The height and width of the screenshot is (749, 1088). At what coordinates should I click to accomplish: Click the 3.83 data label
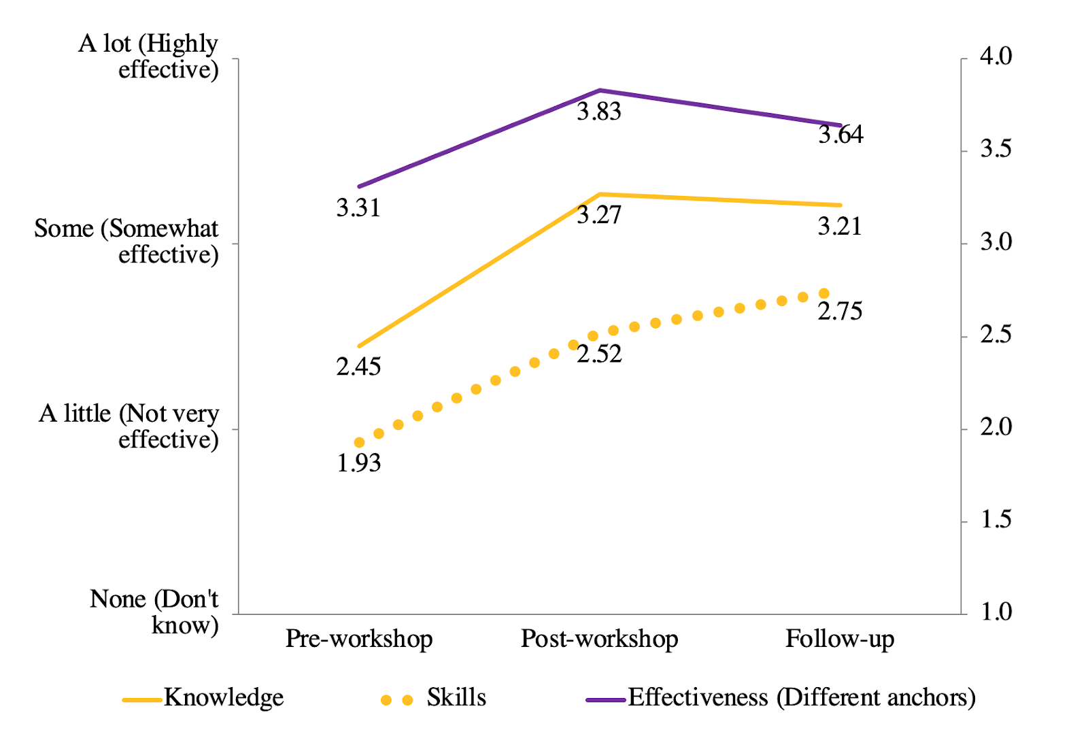point(599,112)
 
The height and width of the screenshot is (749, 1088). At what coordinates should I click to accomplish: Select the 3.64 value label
point(840,135)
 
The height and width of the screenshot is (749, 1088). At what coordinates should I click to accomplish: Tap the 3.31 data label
point(358,207)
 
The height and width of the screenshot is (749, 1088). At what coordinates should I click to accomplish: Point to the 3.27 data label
point(599,215)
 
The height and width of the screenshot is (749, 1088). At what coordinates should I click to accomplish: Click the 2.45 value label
point(358,367)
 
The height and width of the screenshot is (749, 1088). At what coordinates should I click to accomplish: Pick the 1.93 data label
point(358,463)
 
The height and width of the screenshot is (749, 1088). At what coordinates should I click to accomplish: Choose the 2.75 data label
point(840,312)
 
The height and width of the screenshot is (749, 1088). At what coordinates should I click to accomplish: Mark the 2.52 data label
point(599,354)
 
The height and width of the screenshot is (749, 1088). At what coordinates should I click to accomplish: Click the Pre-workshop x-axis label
point(359,639)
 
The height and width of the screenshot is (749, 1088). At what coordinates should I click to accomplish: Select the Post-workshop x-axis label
point(599,639)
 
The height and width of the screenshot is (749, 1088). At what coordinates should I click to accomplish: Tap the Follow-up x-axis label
point(840,639)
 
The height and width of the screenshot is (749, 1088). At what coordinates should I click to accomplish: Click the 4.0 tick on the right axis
point(996,56)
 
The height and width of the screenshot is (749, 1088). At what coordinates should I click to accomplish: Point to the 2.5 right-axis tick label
point(996,335)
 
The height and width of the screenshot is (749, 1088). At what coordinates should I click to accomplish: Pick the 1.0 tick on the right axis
point(996,612)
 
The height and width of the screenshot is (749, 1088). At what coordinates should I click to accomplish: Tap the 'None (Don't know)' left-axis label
point(154,612)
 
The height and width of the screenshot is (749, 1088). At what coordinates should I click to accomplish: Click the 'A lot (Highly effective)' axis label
point(149,56)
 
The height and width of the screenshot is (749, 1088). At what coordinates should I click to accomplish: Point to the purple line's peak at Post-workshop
point(600,90)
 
